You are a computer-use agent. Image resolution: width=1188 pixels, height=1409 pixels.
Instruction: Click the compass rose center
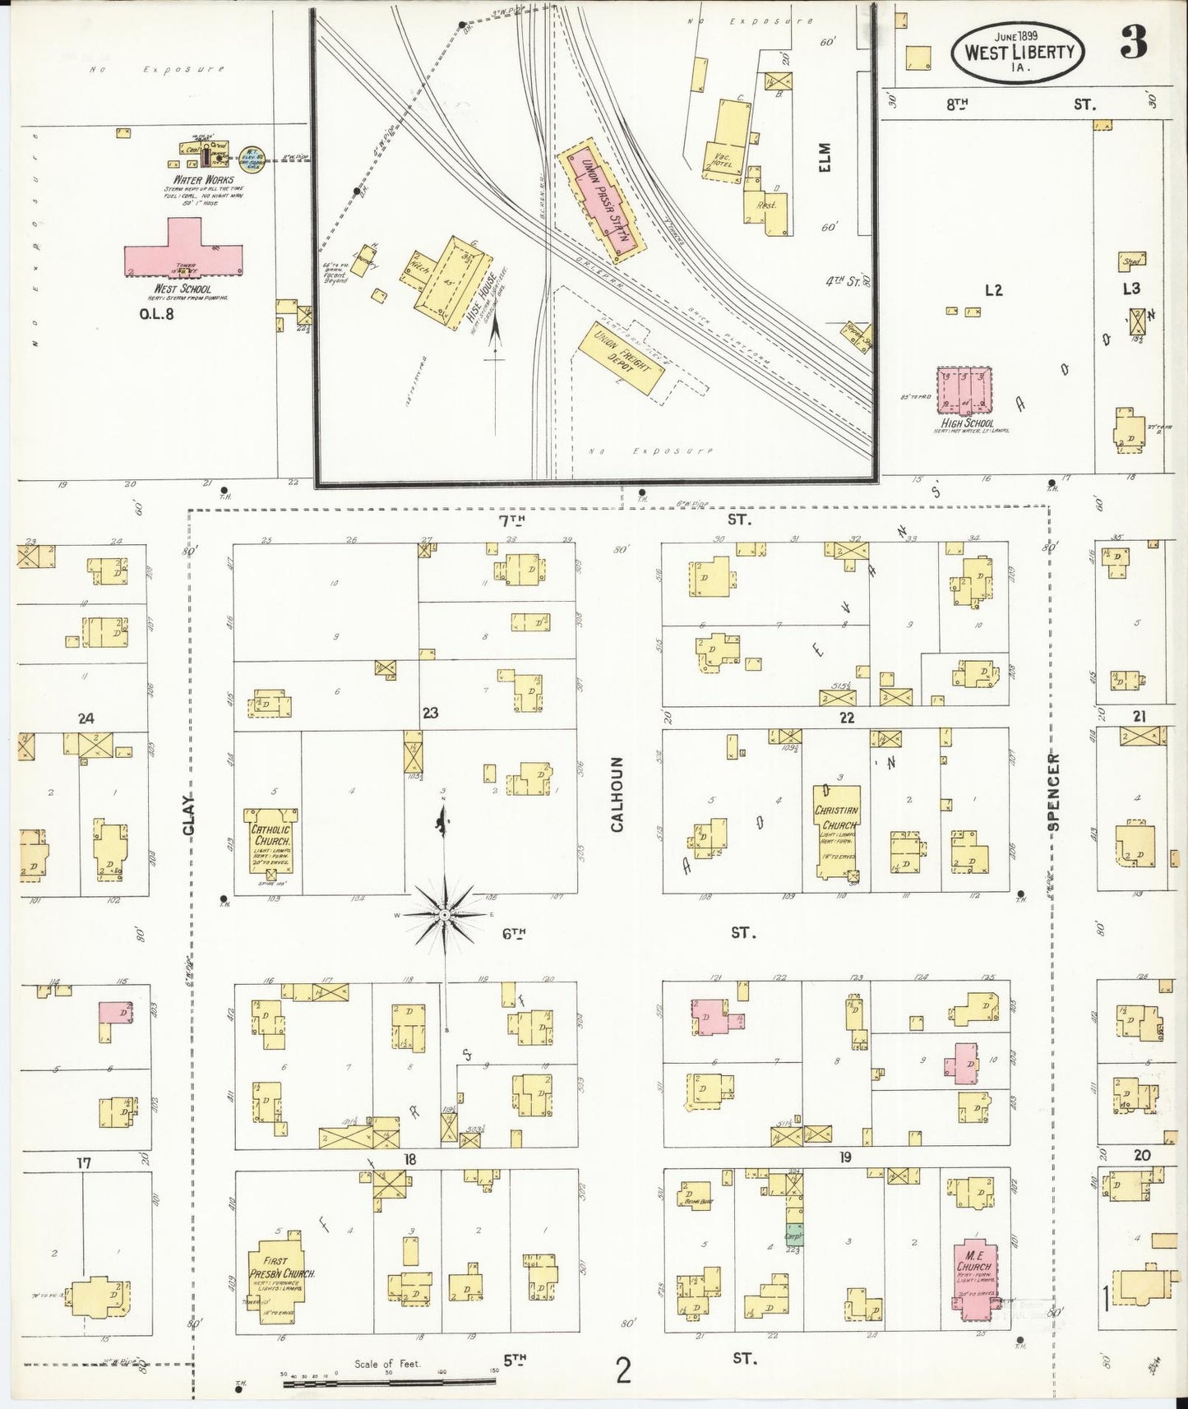click(x=444, y=914)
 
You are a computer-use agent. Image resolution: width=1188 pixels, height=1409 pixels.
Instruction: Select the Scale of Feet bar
click(x=386, y=1384)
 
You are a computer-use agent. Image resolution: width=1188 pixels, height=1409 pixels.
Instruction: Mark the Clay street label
click(x=189, y=815)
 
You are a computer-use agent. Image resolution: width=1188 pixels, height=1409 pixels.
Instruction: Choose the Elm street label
click(x=825, y=157)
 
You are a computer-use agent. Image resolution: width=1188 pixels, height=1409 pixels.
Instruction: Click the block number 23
click(x=430, y=713)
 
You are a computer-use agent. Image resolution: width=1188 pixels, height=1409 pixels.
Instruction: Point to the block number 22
click(x=846, y=718)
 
